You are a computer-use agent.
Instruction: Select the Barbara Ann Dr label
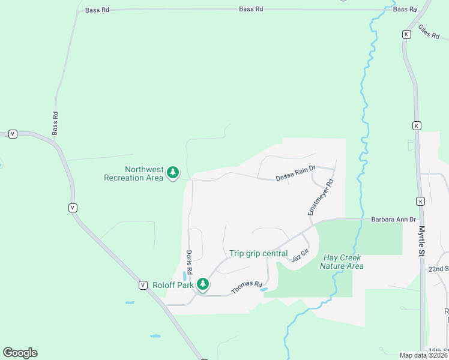point(393,220)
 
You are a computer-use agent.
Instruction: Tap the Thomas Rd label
point(247,288)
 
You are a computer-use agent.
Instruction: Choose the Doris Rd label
point(188,263)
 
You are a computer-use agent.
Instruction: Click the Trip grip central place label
point(258,253)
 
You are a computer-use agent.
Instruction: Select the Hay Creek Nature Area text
point(342,262)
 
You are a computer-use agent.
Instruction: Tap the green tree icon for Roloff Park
point(203,284)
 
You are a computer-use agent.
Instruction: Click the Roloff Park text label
point(173,285)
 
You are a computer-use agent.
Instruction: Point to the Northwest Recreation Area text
point(133,173)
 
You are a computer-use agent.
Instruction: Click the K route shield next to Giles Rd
point(406,34)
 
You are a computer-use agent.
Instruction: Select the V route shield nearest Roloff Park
point(143,284)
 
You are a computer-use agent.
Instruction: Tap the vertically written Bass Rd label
point(55,123)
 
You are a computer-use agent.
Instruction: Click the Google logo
point(20,353)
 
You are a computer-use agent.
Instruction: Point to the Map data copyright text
point(423,355)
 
